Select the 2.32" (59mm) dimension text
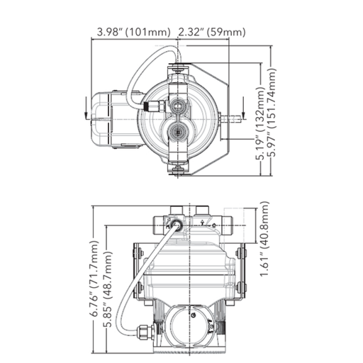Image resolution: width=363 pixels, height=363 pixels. (212, 32)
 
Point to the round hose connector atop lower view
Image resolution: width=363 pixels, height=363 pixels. (174, 225)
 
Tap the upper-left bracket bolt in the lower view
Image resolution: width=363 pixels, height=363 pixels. (138, 251)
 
